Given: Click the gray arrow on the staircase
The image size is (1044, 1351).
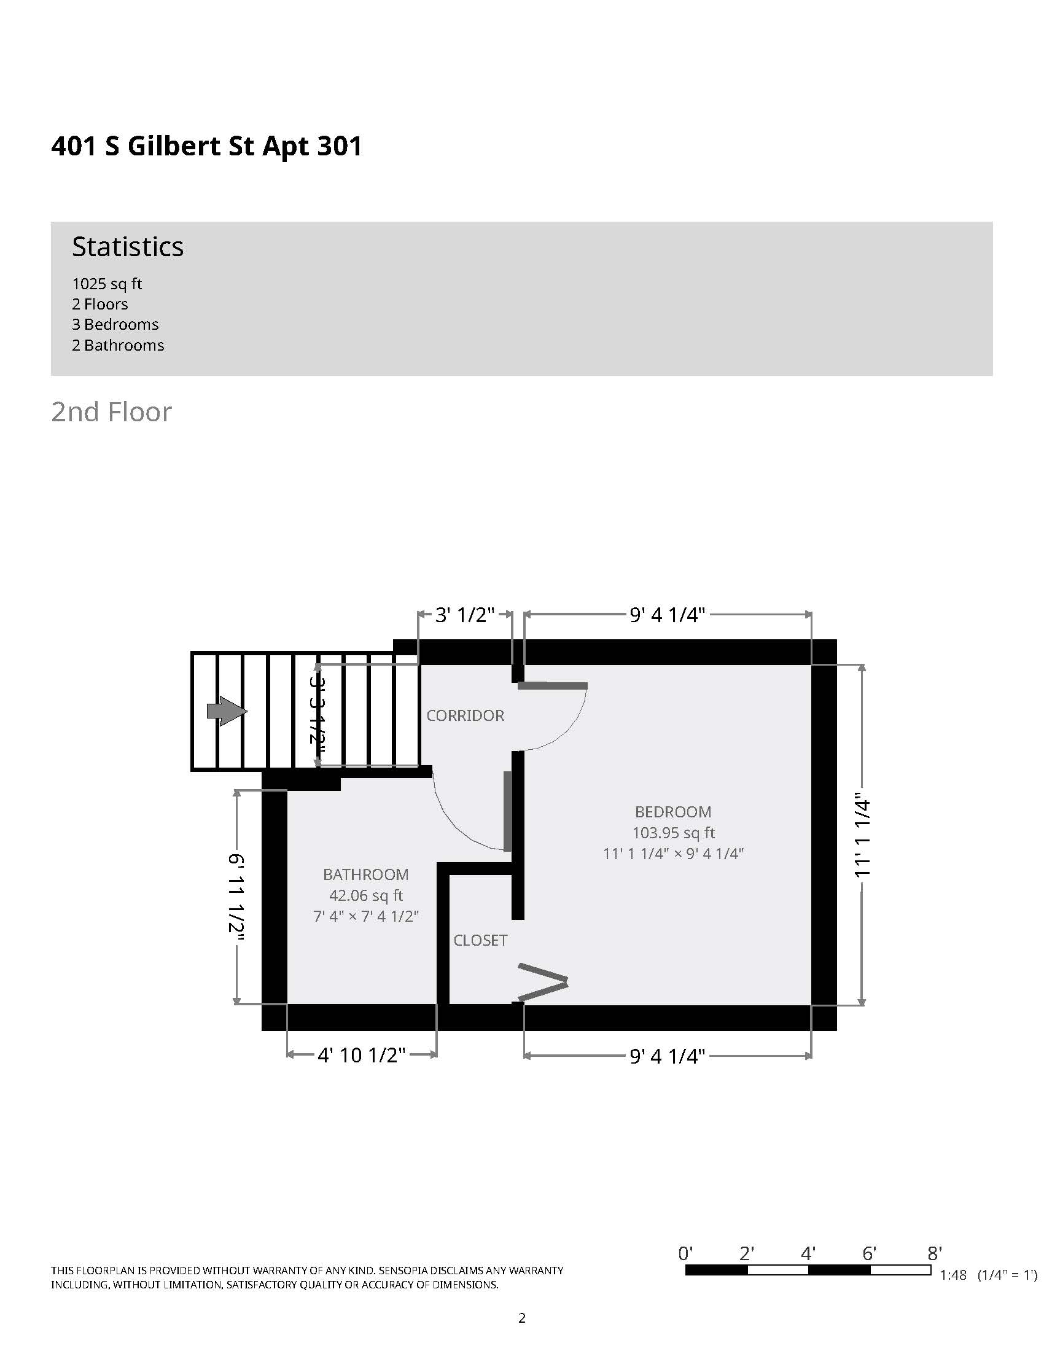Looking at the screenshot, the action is tap(227, 711).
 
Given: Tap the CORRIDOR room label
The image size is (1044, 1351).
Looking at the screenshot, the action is tap(465, 715).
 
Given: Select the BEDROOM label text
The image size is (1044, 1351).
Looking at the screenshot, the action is tap(673, 812).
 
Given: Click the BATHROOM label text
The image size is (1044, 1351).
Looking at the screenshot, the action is tap(365, 874).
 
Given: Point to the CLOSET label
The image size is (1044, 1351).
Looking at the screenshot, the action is tap(480, 940).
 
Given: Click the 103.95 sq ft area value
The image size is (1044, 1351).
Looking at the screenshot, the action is tap(673, 833).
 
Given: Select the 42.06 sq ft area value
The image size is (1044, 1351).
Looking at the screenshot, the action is tap(365, 895).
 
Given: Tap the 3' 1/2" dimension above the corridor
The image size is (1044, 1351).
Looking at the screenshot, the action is tap(465, 615).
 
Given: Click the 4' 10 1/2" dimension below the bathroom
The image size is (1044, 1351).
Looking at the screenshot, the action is tap(361, 1055).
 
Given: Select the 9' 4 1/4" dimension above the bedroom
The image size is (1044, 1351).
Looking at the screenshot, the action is tap(668, 615).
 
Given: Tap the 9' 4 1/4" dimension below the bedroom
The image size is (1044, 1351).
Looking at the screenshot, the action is tap(668, 1056).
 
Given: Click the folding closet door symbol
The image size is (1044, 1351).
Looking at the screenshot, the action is tap(543, 982).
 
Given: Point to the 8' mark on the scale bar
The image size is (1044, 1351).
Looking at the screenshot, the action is tap(935, 1254).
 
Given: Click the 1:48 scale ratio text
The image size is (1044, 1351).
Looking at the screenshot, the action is tap(953, 1275).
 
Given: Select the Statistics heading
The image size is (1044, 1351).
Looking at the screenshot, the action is tap(128, 246).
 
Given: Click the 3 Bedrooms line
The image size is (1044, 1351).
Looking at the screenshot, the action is tap(115, 324).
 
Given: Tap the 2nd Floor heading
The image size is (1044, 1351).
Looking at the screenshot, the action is tap(111, 412).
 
